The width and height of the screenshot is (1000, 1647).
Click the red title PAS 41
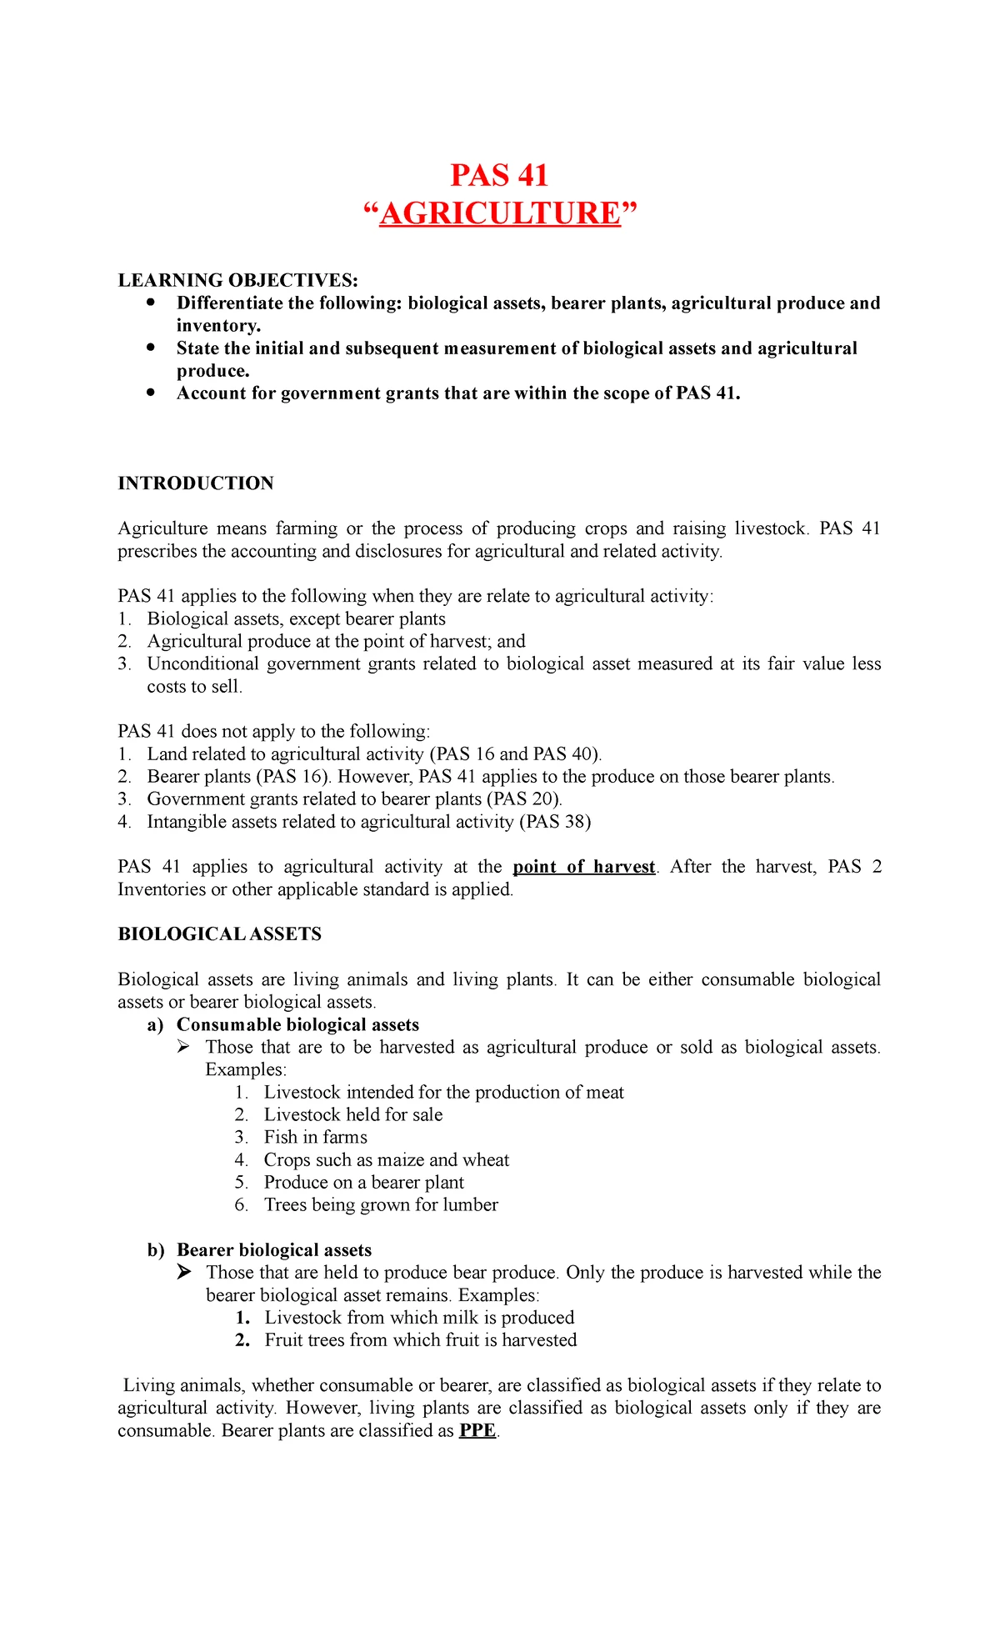click(x=499, y=176)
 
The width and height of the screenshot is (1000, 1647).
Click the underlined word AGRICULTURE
click(x=500, y=214)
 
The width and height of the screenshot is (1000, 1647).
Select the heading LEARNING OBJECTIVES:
click(x=237, y=280)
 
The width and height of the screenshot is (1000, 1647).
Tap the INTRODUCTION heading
click(x=196, y=483)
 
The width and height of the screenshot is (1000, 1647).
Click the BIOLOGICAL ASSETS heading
click(x=219, y=934)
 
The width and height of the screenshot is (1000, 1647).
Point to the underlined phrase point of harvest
click(x=584, y=867)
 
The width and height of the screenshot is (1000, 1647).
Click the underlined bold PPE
click(x=477, y=1431)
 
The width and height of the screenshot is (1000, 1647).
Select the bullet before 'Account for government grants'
click(x=150, y=393)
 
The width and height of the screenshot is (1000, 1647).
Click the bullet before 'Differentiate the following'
click(x=150, y=303)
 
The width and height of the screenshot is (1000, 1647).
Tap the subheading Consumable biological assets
click(x=297, y=1024)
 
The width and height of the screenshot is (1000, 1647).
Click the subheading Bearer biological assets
click(x=274, y=1249)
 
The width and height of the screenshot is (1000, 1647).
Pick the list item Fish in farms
click(x=315, y=1137)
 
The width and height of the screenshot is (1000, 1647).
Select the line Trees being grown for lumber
click(x=381, y=1204)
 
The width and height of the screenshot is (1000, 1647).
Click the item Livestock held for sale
click(x=353, y=1114)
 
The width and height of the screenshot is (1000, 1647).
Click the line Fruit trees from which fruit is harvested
click(x=421, y=1339)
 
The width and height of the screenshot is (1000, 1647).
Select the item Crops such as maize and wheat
click(x=387, y=1159)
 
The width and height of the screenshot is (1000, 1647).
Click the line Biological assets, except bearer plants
click(x=296, y=618)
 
